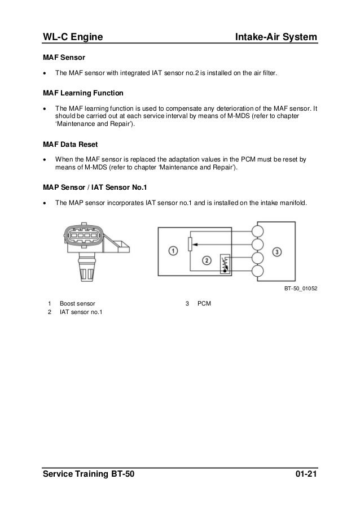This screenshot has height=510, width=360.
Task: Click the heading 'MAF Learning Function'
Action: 84,93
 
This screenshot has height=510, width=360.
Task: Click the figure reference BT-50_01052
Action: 299,288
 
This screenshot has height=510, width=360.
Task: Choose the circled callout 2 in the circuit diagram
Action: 207,260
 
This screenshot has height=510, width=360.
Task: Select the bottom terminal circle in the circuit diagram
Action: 258,272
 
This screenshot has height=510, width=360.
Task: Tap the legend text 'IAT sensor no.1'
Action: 81,312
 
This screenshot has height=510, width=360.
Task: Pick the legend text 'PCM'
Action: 204,303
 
